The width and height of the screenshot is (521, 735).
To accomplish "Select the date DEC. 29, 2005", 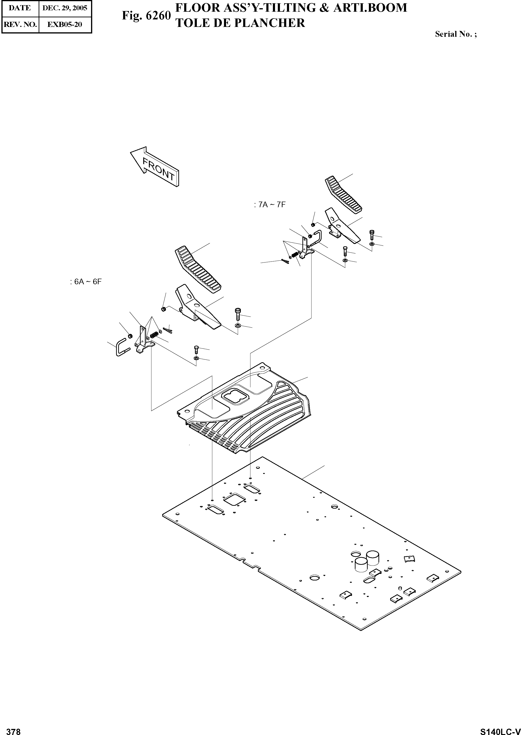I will pyautogui.click(x=65, y=8).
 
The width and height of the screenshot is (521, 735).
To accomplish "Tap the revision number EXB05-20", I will pyautogui.click(x=65, y=24).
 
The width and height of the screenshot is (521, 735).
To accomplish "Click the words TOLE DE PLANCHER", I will pyautogui.click(x=240, y=23).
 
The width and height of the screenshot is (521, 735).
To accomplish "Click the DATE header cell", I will pyautogui.click(x=20, y=8).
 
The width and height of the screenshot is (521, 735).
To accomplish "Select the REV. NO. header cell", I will pyautogui.click(x=20, y=24).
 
